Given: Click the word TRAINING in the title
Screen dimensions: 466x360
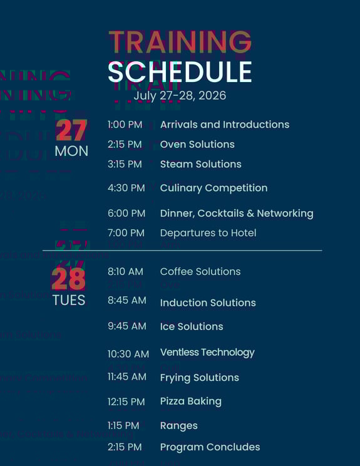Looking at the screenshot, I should (x=180, y=43).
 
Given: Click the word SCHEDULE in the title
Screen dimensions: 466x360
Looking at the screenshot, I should (x=180, y=72).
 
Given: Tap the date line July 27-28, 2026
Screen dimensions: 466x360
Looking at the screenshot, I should (x=180, y=96).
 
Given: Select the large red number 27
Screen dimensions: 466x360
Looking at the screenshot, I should (x=71, y=130).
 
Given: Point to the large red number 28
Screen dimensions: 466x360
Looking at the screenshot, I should (x=69, y=279).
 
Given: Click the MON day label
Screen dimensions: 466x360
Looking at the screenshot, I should (x=71, y=151).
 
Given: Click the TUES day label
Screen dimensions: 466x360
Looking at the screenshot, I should (x=69, y=300).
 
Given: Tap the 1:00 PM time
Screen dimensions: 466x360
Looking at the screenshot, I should (x=125, y=125).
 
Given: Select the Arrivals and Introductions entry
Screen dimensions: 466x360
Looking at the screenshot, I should (x=225, y=125).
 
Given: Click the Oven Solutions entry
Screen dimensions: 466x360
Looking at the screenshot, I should (x=197, y=144).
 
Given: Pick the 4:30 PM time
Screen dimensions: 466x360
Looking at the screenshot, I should (x=126, y=188).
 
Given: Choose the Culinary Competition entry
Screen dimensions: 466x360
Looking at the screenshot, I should (x=213, y=188).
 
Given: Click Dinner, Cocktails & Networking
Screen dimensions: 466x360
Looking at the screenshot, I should (x=237, y=214).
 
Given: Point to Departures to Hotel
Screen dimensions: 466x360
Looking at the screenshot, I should (x=208, y=233).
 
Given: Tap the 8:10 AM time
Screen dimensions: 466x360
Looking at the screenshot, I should (x=125, y=272).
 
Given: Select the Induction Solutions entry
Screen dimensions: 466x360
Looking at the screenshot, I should (x=208, y=303).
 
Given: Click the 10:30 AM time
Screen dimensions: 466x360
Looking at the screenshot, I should (x=128, y=354).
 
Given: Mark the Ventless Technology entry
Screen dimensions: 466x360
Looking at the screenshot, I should (x=207, y=353).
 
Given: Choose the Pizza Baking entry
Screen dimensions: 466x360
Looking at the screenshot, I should (x=191, y=401).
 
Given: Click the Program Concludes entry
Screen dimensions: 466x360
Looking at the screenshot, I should (x=210, y=447).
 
